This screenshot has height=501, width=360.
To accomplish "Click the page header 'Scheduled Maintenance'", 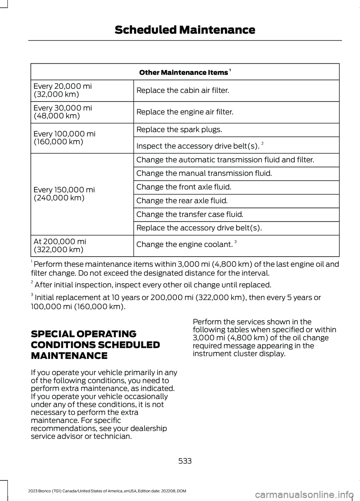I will [185, 30].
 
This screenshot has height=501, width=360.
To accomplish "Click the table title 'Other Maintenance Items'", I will [184, 72].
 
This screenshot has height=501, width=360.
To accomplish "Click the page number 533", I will [185, 461].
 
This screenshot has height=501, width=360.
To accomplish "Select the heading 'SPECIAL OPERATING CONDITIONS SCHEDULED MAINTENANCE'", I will [95, 345].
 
